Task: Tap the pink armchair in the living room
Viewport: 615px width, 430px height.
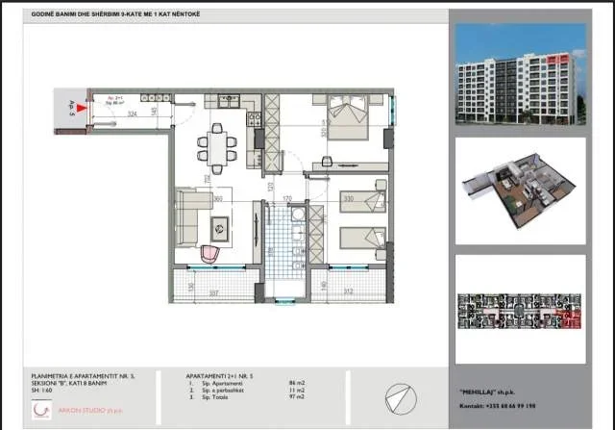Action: click(x=211, y=253)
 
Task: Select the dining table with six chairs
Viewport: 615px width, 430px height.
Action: click(x=216, y=148)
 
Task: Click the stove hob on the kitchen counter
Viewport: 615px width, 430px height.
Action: click(x=255, y=119)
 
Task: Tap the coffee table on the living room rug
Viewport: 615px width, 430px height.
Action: click(x=219, y=229)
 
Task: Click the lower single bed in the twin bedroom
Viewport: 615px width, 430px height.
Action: click(x=363, y=237)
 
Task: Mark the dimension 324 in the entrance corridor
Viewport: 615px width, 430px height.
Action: click(x=132, y=114)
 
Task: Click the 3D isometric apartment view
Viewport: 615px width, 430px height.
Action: click(x=520, y=196)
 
